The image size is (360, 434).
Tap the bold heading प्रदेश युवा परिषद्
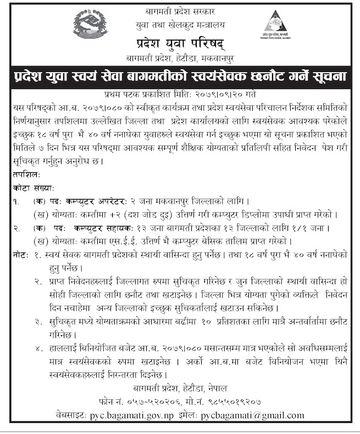180,42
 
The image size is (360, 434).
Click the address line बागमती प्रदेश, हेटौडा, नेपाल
180,388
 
